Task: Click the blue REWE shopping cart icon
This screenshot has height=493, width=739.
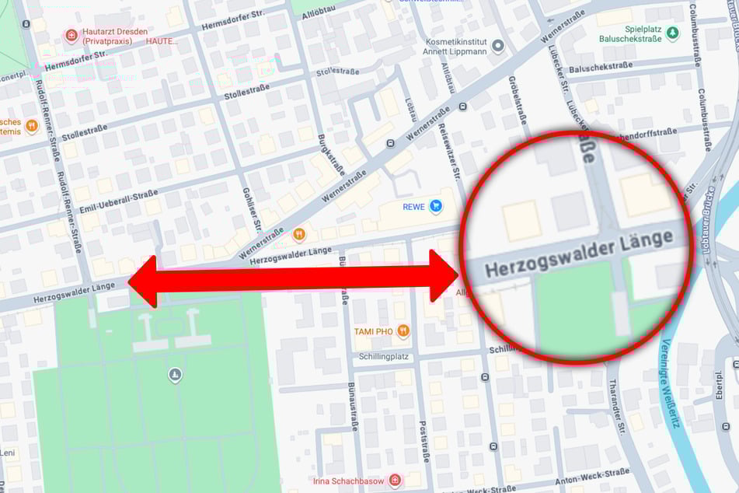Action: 436,206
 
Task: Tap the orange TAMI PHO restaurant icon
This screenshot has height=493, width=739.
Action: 403,331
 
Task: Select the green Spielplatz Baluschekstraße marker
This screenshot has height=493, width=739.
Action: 673,32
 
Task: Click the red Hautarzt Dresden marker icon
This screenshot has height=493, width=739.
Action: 71,35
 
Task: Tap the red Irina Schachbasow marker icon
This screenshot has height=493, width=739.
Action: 395,481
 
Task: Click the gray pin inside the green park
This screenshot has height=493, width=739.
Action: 175,376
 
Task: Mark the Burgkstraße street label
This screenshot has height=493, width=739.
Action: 330,155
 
